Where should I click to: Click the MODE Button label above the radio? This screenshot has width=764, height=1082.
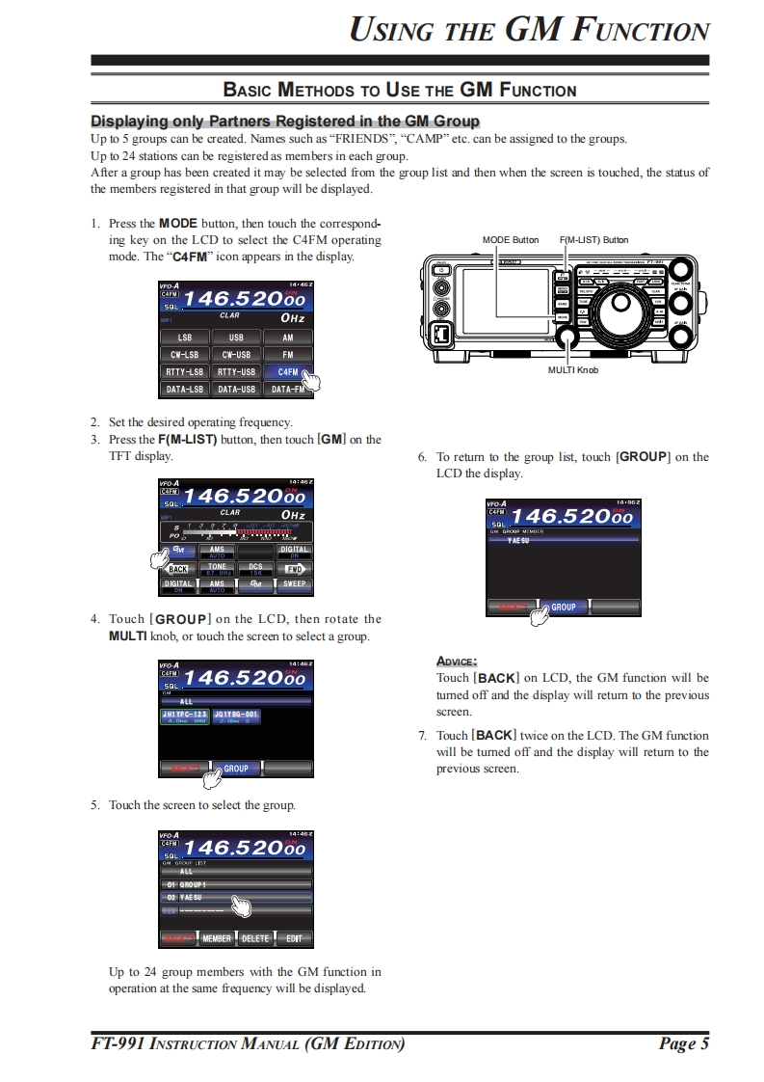click(510, 239)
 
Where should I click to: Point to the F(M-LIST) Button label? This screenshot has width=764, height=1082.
click(593, 239)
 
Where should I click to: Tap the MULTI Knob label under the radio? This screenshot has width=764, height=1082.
click(572, 369)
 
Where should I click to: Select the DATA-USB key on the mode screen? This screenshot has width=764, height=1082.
click(236, 390)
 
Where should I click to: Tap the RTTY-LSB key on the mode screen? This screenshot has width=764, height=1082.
click(185, 372)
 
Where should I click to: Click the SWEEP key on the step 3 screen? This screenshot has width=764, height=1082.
click(294, 583)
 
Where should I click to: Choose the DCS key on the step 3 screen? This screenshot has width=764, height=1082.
click(255, 569)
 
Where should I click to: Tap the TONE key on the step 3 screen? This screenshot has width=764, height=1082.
click(217, 569)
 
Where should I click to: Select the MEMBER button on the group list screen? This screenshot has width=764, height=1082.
click(217, 938)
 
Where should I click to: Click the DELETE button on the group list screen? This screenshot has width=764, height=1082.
click(255, 938)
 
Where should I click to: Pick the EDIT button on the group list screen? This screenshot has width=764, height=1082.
click(294, 938)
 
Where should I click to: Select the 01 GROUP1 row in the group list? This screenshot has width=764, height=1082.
click(236, 884)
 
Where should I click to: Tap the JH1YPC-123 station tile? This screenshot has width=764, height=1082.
click(185, 716)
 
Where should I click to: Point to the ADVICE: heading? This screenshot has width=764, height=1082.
click(457, 661)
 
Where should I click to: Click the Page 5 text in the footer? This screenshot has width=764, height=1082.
click(684, 1043)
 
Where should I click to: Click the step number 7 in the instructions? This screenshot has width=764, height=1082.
click(422, 736)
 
